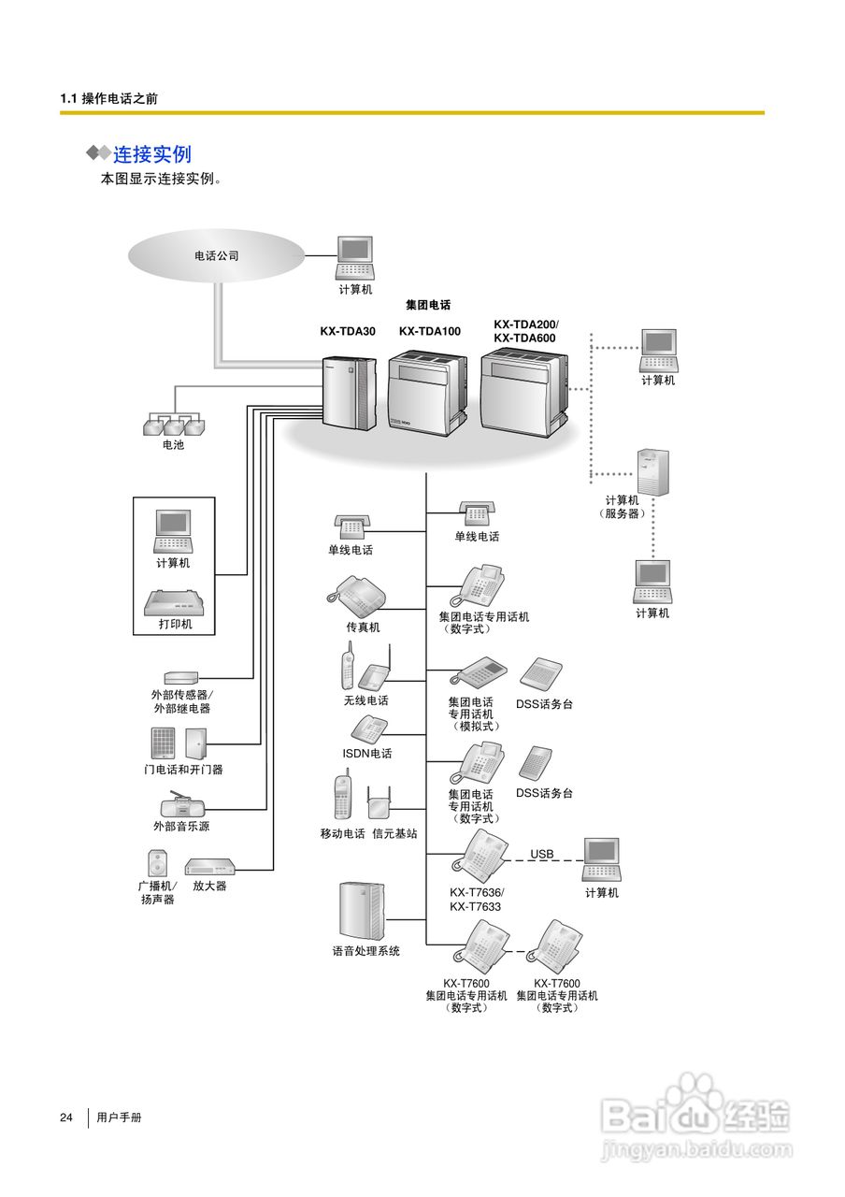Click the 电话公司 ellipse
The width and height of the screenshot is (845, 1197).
pyautogui.click(x=217, y=255)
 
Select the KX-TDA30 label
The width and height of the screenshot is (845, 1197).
pyautogui.click(x=348, y=331)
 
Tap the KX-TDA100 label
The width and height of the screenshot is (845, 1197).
pyautogui.click(x=429, y=331)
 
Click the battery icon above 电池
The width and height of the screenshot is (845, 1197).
pyautogui.click(x=173, y=425)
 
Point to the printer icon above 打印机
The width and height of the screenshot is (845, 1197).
pyautogui.click(x=174, y=602)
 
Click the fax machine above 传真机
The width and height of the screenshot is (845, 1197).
pyautogui.click(x=357, y=593)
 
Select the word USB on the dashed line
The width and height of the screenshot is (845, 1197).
pyautogui.click(x=542, y=854)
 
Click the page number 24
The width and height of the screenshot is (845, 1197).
pyautogui.click(x=66, y=1118)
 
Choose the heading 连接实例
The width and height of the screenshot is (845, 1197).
pyautogui.click(x=152, y=154)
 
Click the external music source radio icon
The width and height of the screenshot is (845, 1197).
pyautogui.click(x=180, y=805)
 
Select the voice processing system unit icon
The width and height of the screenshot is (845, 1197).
pyautogui.click(x=362, y=911)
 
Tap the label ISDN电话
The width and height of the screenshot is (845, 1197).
pyautogui.click(x=366, y=754)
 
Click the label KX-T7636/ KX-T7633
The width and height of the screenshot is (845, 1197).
pyautogui.click(x=476, y=900)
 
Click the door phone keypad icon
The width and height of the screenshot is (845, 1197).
pyautogui.click(x=163, y=743)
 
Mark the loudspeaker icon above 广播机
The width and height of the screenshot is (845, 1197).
pyautogui.click(x=157, y=862)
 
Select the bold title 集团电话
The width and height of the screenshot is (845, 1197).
pyautogui.click(x=428, y=305)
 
